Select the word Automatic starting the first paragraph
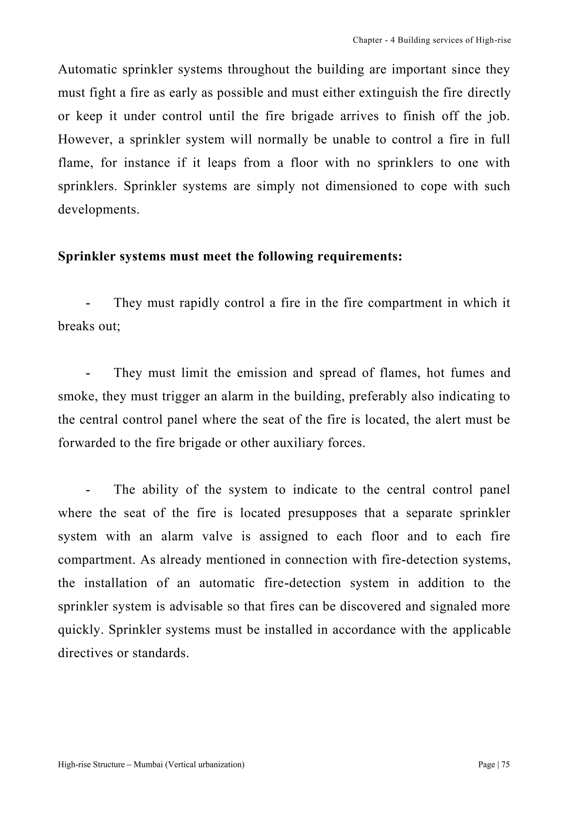87,69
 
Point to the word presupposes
322,513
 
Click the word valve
217,536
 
